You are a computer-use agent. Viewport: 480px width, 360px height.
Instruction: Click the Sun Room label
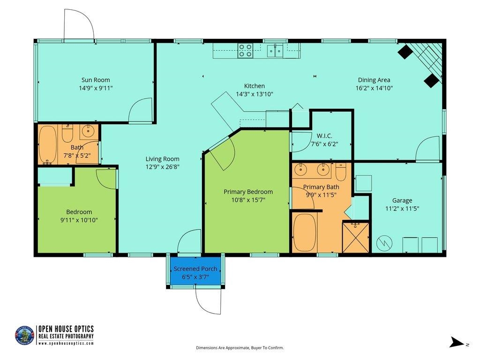point(96,80)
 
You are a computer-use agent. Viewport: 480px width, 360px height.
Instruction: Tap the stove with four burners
point(245,51)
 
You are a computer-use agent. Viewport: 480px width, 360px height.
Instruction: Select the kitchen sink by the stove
point(275,51)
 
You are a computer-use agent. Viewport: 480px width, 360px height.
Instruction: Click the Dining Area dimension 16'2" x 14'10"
point(374,88)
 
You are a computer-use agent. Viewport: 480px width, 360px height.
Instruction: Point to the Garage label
point(402,201)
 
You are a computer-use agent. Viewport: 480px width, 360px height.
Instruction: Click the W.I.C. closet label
point(324,135)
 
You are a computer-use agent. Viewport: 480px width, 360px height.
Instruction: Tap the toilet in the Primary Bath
point(341,172)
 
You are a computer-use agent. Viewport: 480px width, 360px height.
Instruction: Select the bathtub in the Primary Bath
point(305,232)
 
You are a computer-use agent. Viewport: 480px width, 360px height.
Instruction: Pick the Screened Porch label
point(195,269)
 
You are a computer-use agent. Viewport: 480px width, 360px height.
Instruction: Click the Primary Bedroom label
point(248,192)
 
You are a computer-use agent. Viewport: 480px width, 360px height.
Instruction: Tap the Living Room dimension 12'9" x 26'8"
point(162,167)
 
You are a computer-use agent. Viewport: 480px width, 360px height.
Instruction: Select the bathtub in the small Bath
point(47,145)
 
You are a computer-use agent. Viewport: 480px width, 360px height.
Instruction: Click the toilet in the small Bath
point(67,133)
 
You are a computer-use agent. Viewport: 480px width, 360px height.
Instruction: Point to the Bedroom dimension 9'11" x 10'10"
point(79,220)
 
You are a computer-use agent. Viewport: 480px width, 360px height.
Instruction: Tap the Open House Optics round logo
point(24,335)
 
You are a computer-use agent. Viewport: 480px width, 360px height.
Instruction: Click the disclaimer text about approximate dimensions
point(240,348)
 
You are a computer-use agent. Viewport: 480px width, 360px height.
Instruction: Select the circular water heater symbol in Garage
point(384,243)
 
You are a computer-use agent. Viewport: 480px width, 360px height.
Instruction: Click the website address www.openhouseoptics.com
point(66,343)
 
